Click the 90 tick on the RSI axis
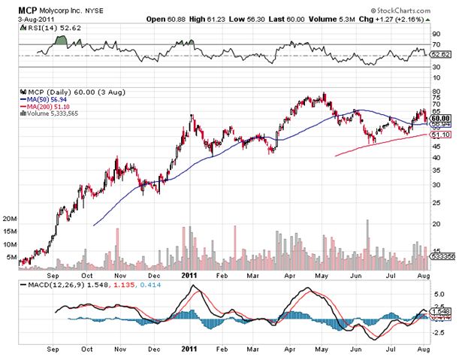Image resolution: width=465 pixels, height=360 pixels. [435, 34]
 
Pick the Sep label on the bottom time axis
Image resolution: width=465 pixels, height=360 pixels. [53, 349]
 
